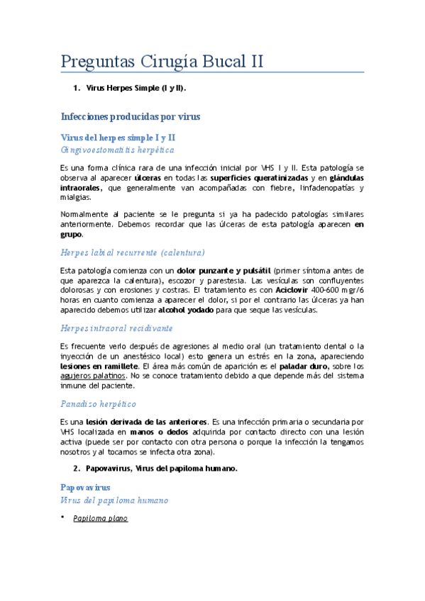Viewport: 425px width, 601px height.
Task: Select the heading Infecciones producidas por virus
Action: click(x=131, y=116)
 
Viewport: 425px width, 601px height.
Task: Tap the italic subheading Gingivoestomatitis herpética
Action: click(x=118, y=150)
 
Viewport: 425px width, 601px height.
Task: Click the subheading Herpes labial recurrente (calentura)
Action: click(x=133, y=252)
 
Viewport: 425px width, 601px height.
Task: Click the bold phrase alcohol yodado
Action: click(x=184, y=310)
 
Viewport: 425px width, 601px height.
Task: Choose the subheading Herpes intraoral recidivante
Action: click(x=117, y=329)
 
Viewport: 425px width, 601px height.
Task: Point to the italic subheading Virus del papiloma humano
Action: click(x=115, y=500)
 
